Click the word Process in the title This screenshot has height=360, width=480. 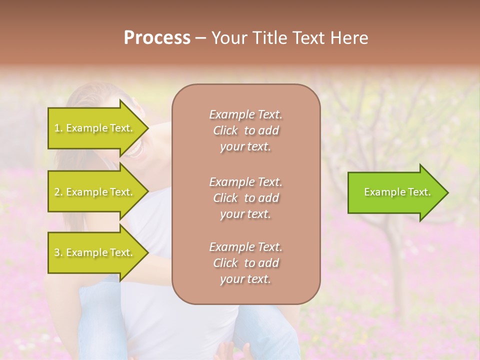[157, 38]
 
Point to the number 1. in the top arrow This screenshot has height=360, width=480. [58, 128]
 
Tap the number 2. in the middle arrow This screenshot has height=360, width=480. [58, 192]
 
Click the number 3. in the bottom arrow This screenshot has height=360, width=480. [58, 253]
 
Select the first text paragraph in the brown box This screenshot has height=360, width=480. [245, 130]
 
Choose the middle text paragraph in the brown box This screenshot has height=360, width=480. [245, 198]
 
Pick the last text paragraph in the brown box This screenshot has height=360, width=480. [245, 263]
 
